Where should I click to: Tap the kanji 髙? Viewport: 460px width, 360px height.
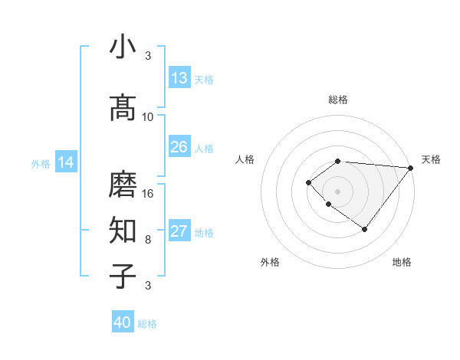point(123,108)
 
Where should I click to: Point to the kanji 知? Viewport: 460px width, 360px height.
point(123,229)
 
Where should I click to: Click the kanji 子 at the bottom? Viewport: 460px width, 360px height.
point(123,275)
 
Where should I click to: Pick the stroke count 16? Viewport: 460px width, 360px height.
point(148,193)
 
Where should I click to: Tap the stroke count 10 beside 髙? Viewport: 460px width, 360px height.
point(148,117)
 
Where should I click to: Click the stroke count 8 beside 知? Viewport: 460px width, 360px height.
point(148,239)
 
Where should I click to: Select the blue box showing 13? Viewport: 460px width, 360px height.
point(179,78)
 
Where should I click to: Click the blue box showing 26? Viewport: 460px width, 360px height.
point(179,147)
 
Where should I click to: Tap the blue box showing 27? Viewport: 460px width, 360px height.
point(179,231)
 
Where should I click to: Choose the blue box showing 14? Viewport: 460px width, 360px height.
point(66,162)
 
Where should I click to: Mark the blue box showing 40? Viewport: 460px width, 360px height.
point(123,322)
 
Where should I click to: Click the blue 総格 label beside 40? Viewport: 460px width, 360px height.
point(147,324)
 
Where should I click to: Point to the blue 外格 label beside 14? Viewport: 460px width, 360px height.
point(41,163)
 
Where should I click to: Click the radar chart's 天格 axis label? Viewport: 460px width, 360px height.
point(431,159)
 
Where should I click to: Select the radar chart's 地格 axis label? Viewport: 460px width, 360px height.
point(402,262)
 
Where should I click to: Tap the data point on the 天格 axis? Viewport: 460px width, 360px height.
point(411,168)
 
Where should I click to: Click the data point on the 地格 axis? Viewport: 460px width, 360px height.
point(365,229)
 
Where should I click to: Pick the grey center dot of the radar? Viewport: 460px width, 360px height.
point(338,191)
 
